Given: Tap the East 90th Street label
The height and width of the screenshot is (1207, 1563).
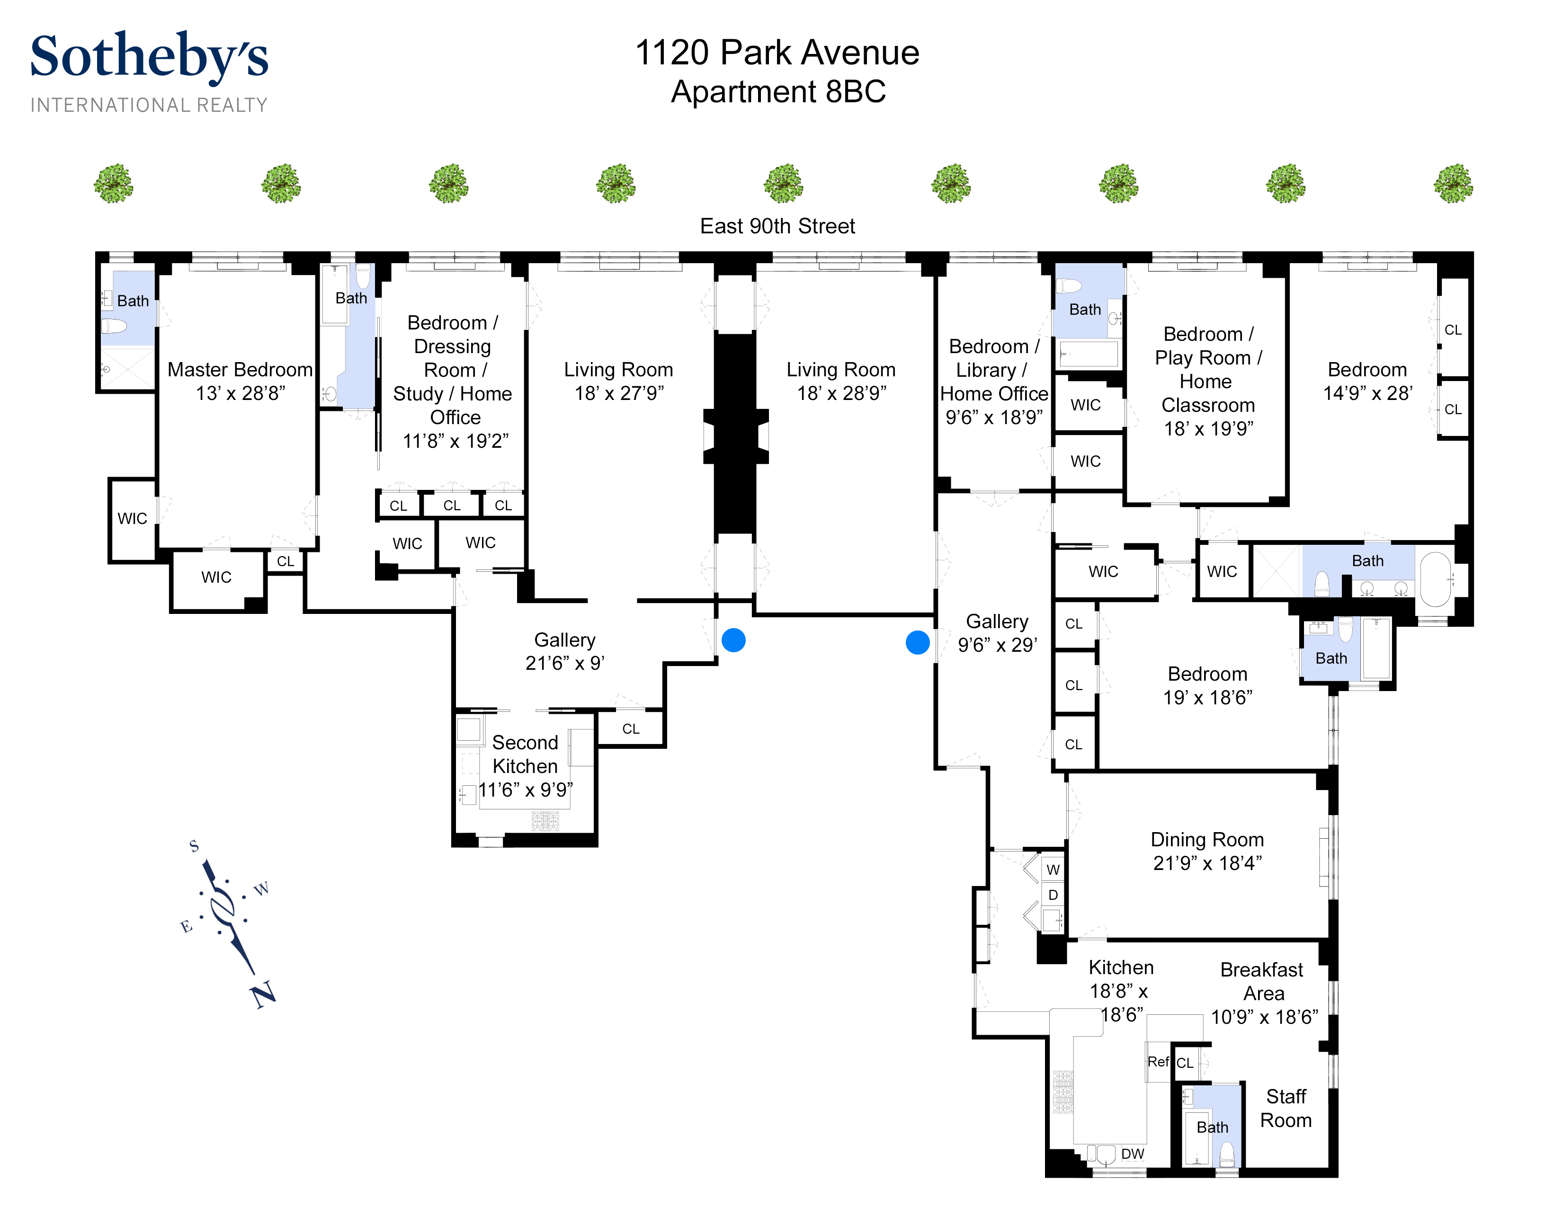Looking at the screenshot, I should tap(777, 226).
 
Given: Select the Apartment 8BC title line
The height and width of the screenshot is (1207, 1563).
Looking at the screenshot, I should tap(778, 91).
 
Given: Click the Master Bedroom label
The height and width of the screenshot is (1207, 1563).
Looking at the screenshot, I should tap(240, 369).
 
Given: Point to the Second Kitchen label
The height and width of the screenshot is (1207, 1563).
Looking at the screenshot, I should tap(525, 754).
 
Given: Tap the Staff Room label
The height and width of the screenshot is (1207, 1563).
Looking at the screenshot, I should tap(1286, 1108).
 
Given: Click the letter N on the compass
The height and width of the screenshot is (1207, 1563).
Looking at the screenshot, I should tap(263, 994).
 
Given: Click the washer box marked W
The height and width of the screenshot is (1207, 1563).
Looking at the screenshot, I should tap(1053, 870).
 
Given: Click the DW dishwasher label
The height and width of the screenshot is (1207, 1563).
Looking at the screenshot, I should tap(1132, 1154).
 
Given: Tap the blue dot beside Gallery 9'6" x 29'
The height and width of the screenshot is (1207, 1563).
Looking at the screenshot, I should tap(918, 642).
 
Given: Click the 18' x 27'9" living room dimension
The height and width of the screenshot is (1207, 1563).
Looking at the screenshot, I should tap(619, 393).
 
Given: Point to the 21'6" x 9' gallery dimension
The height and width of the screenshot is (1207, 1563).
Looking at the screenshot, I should tap(565, 663).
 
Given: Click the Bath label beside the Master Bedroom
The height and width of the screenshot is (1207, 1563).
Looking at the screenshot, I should tap(133, 301).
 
